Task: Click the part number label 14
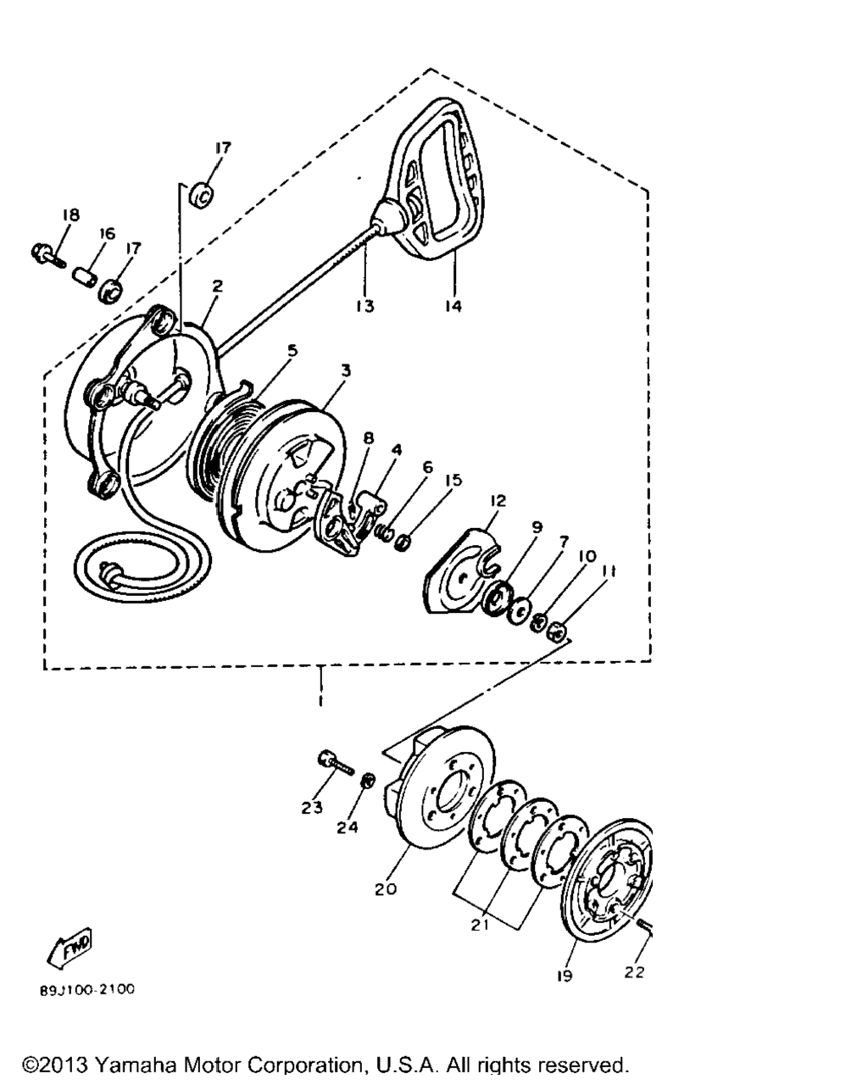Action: tap(453, 305)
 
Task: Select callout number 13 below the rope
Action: tap(364, 305)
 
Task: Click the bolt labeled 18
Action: tap(49, 254)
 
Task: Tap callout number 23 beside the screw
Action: tap(311, 808)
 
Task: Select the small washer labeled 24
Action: tap(368, 782)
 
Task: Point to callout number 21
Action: tap(480, 925)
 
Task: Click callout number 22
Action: tap(635, 972)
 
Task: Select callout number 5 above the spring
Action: tap(292, 350)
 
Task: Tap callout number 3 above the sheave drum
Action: tap(346, 370)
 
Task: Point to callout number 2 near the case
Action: tap(217, 286)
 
